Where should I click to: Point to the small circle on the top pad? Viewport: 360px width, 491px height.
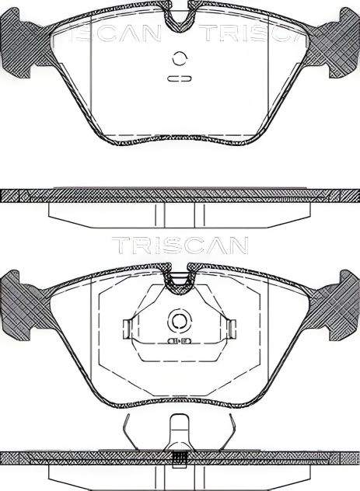(x=180, y=57)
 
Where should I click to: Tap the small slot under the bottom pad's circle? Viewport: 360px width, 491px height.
(x=180, y=340)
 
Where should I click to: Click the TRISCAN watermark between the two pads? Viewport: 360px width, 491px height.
(x=180, y=245)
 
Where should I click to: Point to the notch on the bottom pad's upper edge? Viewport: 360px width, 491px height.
(x=180, y=273)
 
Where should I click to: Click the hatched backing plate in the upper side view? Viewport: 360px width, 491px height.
(x=180, y=196)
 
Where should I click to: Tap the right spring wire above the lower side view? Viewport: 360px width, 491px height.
(x=232, y=430)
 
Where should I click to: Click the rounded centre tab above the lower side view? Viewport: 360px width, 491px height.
(x=180, y=429)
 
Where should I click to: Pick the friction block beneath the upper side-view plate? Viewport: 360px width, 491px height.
(x=180, y=213)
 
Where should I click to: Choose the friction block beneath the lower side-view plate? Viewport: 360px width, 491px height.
(x=180, y=475)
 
